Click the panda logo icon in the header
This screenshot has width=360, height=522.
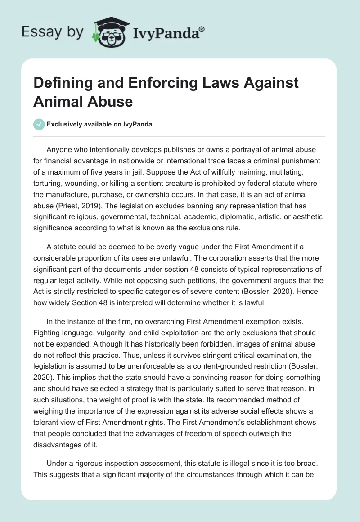tap(108, 31)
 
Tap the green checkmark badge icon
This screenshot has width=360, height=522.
tap(39, 125)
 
